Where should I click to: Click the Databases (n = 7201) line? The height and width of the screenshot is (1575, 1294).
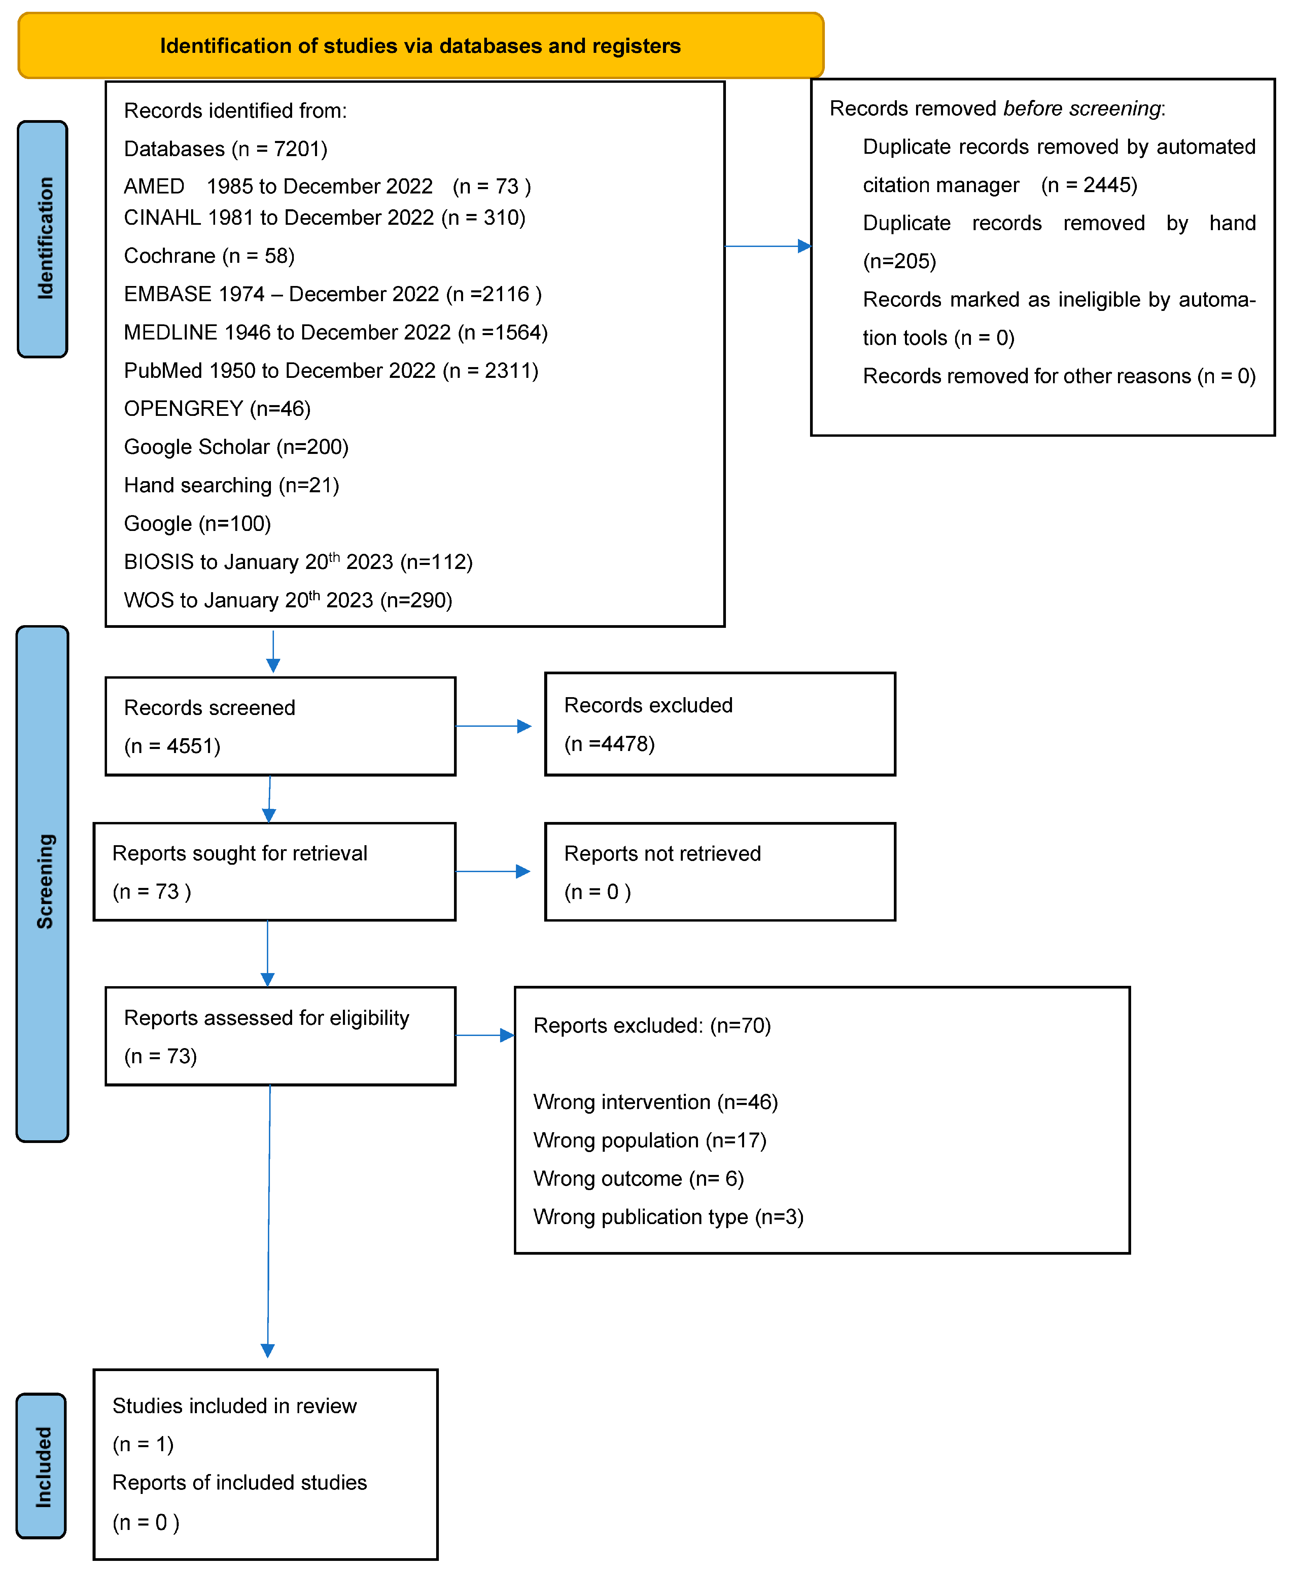(225, 149)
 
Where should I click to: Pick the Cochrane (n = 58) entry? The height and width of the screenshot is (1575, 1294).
(209, 256)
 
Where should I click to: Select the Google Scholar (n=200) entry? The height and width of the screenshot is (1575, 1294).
(236, 447)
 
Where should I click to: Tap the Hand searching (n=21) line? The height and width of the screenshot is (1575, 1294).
(231, 485)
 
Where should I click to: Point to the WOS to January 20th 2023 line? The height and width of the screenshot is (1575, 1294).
(288, 600)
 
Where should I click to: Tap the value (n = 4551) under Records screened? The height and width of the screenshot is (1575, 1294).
(172, 746)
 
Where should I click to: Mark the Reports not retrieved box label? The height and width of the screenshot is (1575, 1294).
(662, 853)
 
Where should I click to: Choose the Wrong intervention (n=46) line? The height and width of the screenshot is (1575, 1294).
(655, 1102)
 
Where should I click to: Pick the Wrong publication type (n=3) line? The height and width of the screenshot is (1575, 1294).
(668, 1217)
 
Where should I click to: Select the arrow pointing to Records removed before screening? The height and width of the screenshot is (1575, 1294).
(768, 246)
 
